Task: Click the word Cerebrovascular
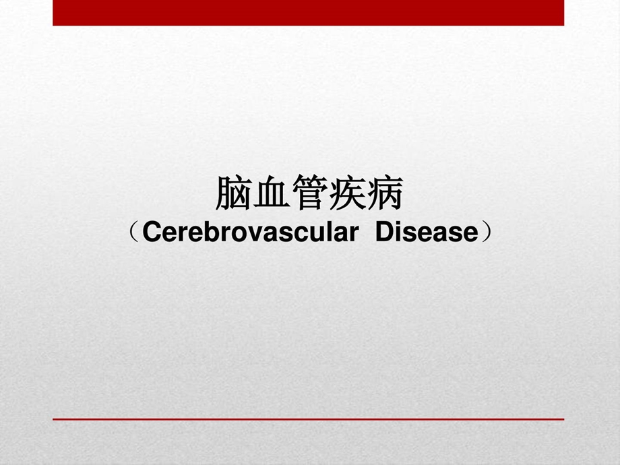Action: coord(250,232)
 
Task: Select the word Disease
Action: coord(426,232)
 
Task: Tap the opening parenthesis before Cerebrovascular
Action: coord(133,233)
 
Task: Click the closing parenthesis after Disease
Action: coord(487,233)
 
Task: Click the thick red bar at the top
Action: coord(308,12)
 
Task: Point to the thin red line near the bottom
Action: coord(308,419)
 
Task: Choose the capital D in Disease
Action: coord(384,232)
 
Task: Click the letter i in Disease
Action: coord(398,232)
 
